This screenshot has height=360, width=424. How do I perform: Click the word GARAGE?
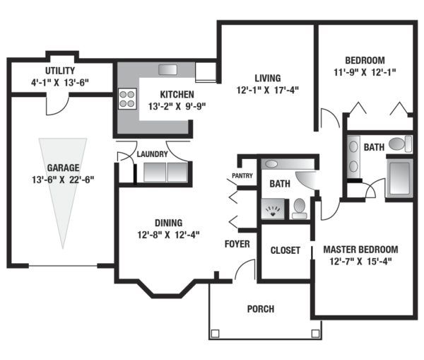pyautogui.click(x=63, y=168)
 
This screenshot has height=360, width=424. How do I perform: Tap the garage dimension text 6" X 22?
pyautogui.click(x=64, y=180)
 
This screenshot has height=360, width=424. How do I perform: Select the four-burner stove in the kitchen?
pyautogui.click(x=127, y=99)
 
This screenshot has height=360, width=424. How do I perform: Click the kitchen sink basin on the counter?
pyautogui.click(x=167, y=69)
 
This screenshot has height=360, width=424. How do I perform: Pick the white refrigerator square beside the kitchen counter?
pyautogui.click(x=206, y=71)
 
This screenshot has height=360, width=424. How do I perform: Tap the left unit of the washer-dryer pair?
pyautogui.click(x=155, y=172)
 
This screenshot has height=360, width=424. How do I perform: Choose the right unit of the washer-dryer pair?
pyautogui.click(x=177, y=172)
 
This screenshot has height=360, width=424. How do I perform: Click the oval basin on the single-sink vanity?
pyautogui.click(x=271, y=164)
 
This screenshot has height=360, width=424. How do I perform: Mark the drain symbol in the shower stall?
pyautogui.click(x=273, y=210)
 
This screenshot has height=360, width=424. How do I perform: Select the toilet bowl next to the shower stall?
pyautogui.click(x=300, y=205)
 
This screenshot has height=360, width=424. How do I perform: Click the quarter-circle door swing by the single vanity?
pyautogui.click(x=305, y=180)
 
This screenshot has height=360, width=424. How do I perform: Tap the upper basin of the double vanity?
pyautogui.click(x=353, y=146)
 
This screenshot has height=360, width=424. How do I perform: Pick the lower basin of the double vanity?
pyautogui.click(x=353, y=166)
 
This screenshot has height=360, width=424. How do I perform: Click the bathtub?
pyautogui.click(x=399, y=178)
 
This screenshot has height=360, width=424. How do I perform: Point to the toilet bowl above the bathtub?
pyautogui.click(x=396, y=144)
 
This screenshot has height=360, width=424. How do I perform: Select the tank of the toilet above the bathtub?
pyautogui.click(x=408, y=144)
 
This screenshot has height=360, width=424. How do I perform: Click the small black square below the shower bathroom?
pyautogui.click(x=317, y=252)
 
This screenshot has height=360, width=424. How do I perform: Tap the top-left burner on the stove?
pyautogui.click(x=123, y=94)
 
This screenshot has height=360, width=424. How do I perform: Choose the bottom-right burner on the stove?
pyautogui.click(x=131, y=103)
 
